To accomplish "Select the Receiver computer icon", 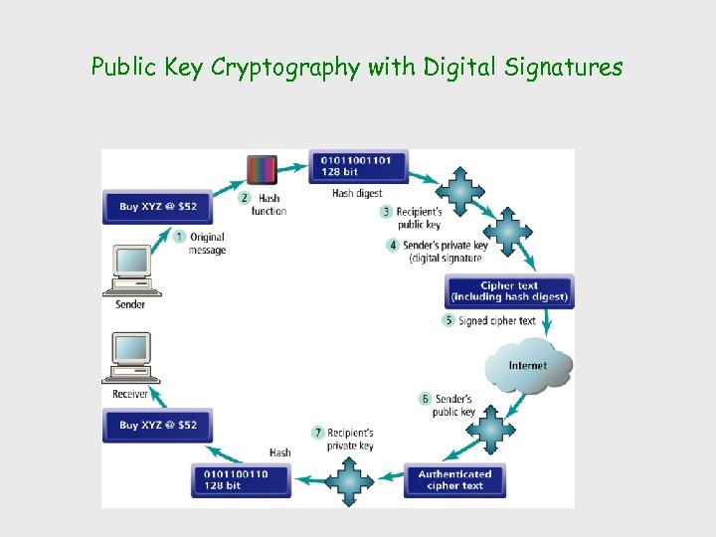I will tap(130, 358).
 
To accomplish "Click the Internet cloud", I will tap(528, 366).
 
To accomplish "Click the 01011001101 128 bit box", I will tap(358, 166).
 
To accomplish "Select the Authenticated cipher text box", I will tap(454, 479).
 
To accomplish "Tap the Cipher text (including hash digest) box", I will tap(509, 291).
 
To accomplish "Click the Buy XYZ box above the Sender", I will tap(158, 207).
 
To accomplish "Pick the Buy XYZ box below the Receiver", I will tap(158, 425).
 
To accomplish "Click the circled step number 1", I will tap(179, 237).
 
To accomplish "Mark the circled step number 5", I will tap(449, 320).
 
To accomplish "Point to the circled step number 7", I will tap(318, 433).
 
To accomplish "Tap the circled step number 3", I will tap(387, 211).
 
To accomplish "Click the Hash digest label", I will tap(356, 193).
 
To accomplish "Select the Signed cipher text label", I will tap(497, 320).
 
